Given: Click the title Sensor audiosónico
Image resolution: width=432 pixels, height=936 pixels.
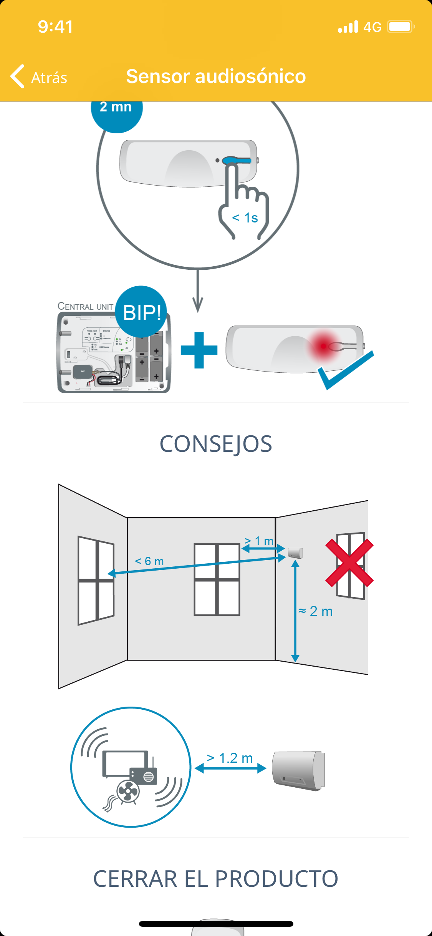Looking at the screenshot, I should click(x=216, y=76).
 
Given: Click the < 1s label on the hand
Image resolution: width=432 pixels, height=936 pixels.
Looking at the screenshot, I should click(x=245, y=218).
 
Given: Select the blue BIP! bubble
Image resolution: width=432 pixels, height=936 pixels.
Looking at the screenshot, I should click(x=142, y=312).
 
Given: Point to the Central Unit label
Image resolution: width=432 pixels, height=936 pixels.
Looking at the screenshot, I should click(x=85, y=306).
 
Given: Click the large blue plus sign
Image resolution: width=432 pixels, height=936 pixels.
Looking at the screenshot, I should click(x=199, y=350).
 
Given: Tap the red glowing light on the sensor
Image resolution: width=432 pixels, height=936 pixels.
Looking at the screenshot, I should click(x=323, y=346).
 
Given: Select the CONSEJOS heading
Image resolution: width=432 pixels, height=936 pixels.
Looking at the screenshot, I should click(x=216, y=444).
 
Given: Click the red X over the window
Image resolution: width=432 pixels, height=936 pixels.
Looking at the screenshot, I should click(x=349, y=563).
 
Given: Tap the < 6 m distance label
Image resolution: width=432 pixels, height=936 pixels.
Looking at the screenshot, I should click(x=149, y=561).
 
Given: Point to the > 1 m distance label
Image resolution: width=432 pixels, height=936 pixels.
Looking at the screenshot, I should click(x=259, y=541).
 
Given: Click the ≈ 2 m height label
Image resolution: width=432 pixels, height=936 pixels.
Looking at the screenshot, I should click(x=316, y=611).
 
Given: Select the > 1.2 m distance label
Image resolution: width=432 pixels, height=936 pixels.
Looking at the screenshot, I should click(x=230, y=758).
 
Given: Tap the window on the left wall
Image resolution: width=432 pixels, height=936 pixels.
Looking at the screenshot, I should click(x=96, y=580).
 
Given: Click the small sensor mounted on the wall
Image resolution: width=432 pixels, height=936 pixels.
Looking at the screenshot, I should click(x=295, y=553).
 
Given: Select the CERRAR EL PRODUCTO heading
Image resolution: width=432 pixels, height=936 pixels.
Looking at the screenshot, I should click(x=216, y=878).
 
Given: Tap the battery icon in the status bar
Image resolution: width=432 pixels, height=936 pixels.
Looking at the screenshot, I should click(x=401, y=27).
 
